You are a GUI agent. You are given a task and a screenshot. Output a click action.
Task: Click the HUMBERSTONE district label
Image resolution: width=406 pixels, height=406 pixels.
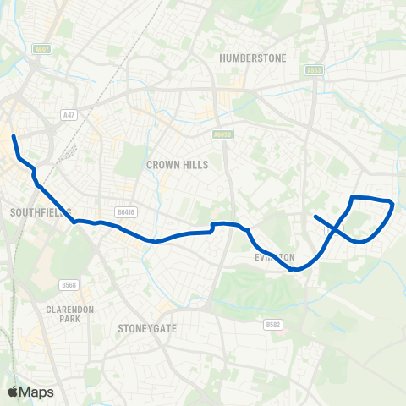point(253,58)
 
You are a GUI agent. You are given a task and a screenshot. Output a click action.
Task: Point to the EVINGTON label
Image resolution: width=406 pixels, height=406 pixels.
point(274,257)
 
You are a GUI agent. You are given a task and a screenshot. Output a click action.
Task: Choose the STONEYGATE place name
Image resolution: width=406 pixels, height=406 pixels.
point(148,328)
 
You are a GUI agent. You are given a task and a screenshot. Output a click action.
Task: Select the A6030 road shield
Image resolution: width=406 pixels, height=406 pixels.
point(222,133)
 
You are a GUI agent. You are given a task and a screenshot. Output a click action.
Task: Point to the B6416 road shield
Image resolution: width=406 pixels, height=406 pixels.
point(124,214)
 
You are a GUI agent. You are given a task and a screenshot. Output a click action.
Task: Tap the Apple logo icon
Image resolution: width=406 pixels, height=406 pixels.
point(13,392)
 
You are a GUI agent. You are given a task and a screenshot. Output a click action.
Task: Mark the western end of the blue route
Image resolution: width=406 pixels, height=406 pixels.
point(13,136)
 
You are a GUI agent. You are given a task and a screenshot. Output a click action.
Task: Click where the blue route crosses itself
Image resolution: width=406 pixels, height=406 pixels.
point(337,230)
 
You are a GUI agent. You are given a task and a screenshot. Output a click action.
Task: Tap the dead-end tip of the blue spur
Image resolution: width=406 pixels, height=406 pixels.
point(315,217)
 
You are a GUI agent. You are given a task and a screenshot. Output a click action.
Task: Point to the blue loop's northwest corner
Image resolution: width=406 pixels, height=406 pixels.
point(352,198)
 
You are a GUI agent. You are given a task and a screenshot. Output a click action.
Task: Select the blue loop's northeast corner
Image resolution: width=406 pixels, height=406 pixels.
point(392,202)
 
